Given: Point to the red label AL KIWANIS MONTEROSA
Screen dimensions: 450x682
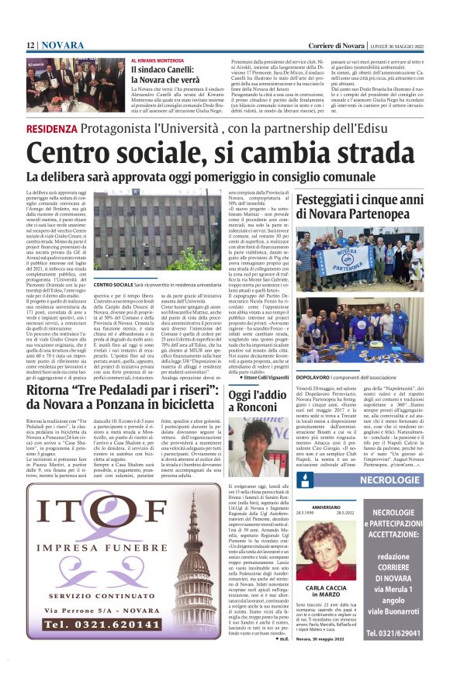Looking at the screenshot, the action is [158, 61].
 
